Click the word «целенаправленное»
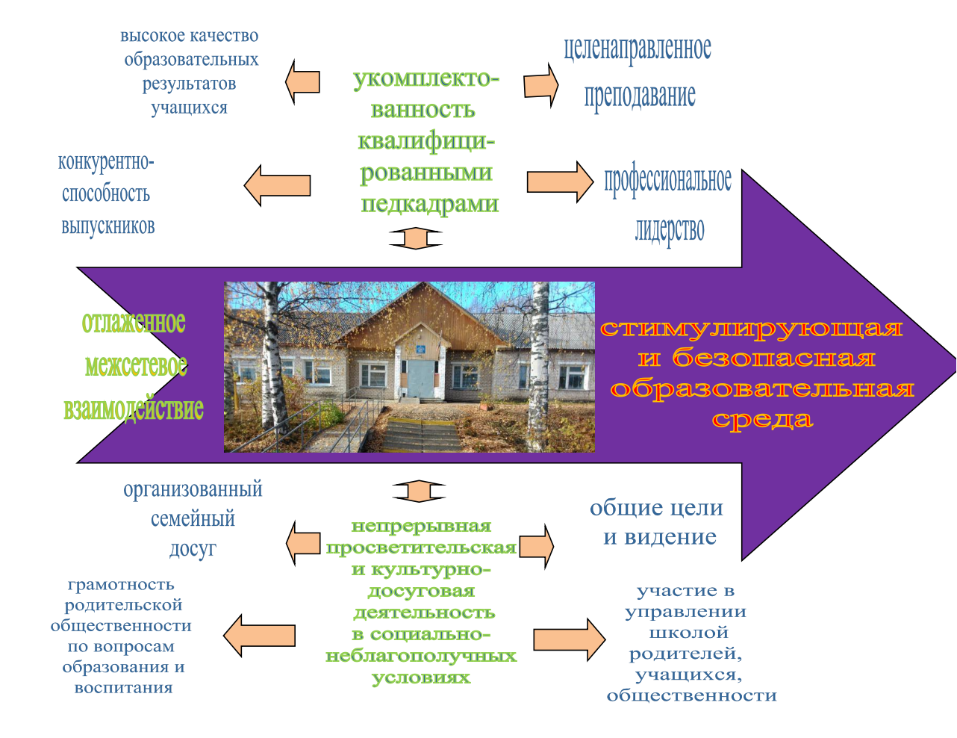point(638,49)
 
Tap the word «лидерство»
point(670,230)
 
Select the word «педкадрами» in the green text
point(429,205)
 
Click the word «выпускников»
point(108,226)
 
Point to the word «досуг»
point(193,549)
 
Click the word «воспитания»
point(123,688)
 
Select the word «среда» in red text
point(762,420)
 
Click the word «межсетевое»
point(136,366)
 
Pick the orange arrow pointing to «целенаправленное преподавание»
point(540,85)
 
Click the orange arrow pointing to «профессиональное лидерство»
point(560,182)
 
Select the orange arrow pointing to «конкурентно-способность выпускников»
point(277,185)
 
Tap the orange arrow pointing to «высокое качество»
point(302,82)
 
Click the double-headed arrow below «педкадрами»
point(416,238)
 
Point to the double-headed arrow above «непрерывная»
point(419,492)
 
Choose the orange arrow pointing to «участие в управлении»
point(570,639)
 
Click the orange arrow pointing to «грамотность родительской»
point(259,636)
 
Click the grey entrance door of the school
point(420,379)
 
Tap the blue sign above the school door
point(420,350)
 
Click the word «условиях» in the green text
point(421,678)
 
